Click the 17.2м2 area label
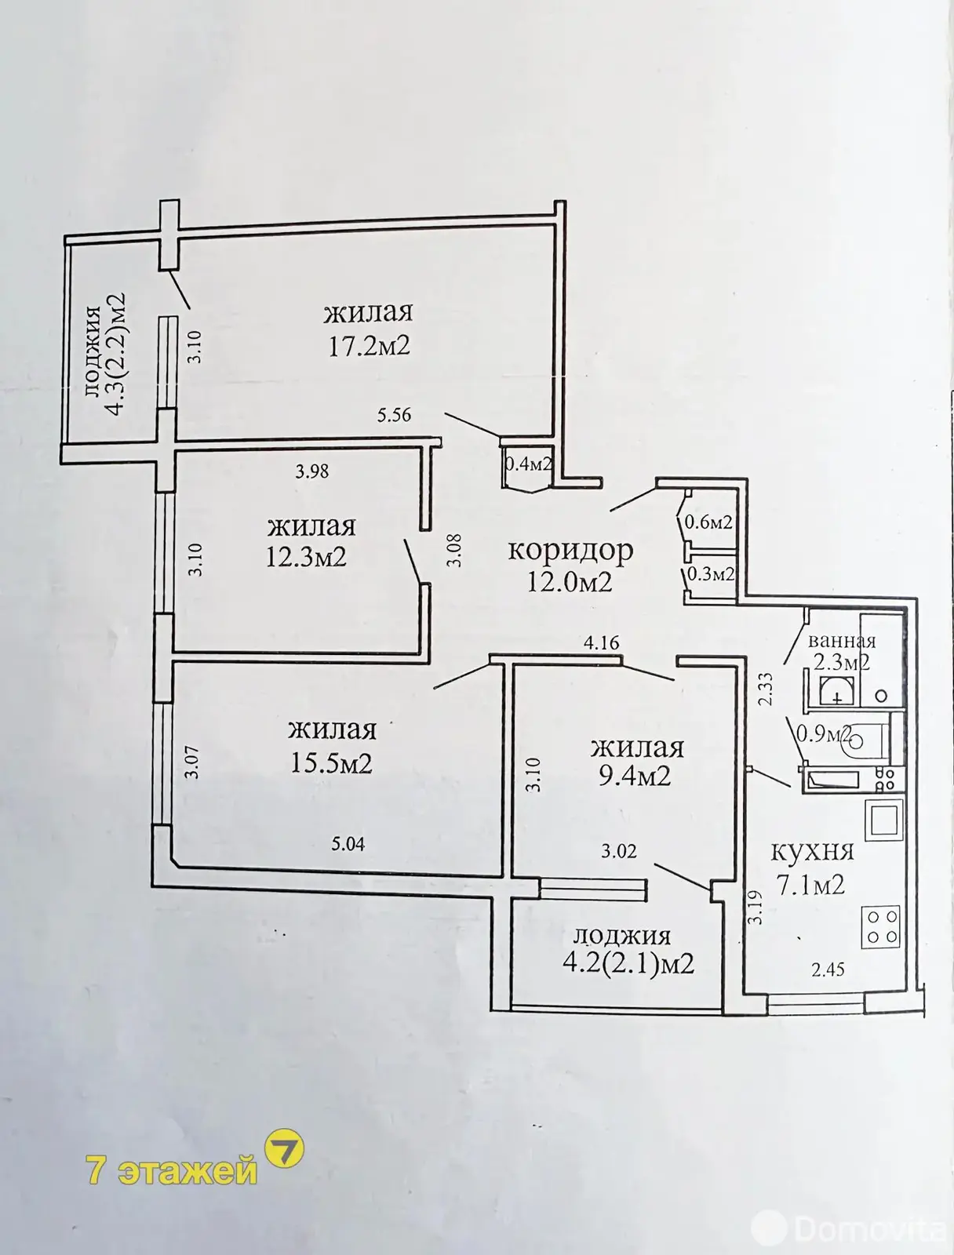point(369,346)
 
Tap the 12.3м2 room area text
point(307,556)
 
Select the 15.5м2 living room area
point(332,762)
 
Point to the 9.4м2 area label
point(635,776)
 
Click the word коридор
point(570,550)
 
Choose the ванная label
point(841,641)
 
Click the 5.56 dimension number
point(394,414)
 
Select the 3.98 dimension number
point(312,471)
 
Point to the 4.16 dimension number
point(601,642)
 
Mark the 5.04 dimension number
point(348,844)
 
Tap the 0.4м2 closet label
point(528,464)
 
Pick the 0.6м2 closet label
point(708,522)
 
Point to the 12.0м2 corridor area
point(570,583)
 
